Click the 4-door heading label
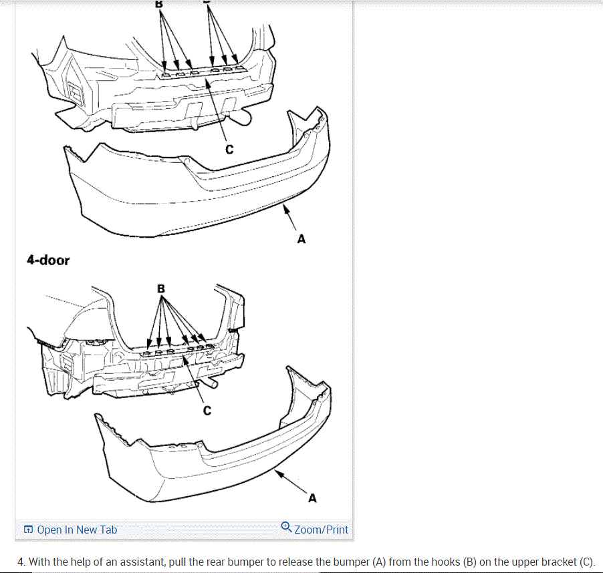click(47, 260)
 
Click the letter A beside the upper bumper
click(301, 238)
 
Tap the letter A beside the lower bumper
click(312, 498)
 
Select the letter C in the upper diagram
click(229, 150)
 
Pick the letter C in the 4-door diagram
click(207, 411)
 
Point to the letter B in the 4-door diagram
click(160, 289)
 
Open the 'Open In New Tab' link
click(76, 530)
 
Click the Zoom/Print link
click(321, 530)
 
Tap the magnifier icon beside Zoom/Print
click(286, 528)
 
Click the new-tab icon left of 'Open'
click(28, 530)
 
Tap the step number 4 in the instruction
click(21, 562)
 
